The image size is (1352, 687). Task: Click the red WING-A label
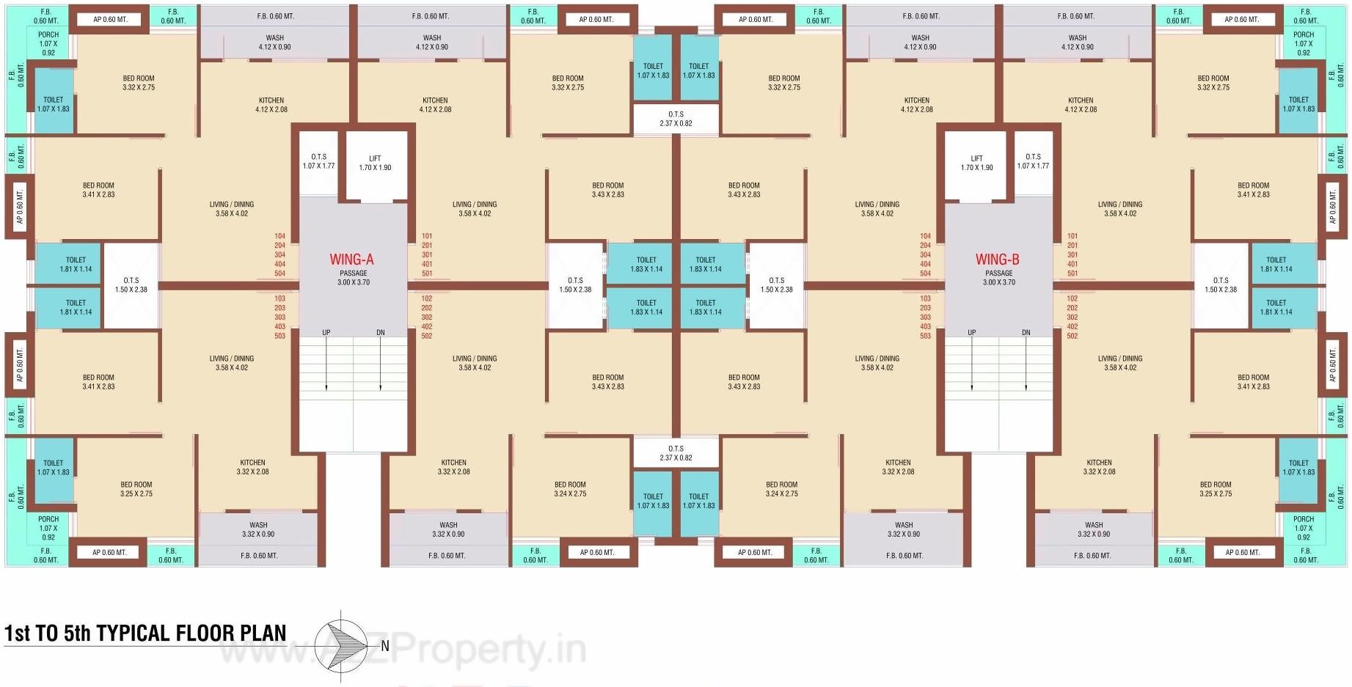click(x=351, y=260)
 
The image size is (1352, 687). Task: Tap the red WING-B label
click(x=997, y=260)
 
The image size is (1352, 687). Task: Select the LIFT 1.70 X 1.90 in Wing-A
click(x=375, y=163)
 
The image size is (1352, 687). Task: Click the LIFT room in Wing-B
click(x=976, y=163)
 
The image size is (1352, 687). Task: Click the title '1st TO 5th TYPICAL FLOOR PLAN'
click(x=145, y=633)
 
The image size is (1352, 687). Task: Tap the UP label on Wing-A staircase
click(x=326, y=333)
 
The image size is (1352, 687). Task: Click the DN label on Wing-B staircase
click(x=1026, y=333)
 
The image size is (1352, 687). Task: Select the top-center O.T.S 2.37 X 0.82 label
click(x=676, y=119)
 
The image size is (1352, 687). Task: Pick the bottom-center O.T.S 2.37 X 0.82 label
click(x=676, y=453)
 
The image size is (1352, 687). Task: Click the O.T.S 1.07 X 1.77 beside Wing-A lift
click(x=318, y=161)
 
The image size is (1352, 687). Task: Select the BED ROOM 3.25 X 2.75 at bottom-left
click(x=136, y=489)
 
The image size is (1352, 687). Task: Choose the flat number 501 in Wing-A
click(x=427, y=273)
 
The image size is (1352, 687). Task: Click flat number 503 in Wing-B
click(x=925, y=336)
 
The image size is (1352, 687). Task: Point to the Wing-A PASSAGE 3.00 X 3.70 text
click(x=354, y=278)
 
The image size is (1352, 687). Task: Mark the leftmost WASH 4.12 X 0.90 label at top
click(x=274, y=43)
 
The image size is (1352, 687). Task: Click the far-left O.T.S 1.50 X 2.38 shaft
click(x=131, y=284)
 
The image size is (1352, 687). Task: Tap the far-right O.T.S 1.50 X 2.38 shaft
click(x=1221, y=284)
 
